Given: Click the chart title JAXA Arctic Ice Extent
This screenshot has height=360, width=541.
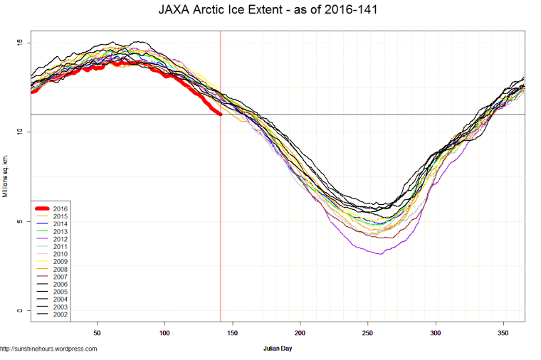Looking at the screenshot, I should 270,11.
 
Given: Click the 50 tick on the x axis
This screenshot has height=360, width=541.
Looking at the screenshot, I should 98,332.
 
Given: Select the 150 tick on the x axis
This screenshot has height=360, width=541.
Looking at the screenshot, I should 233,332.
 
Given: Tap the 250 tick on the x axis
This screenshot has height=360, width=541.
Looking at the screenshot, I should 368,332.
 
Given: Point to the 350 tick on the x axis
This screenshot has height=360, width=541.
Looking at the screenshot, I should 503,332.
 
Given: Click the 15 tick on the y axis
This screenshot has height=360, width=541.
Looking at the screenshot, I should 20,43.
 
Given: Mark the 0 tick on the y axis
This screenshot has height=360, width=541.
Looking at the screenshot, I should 20,311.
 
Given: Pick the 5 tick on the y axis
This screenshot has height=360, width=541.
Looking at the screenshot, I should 20,221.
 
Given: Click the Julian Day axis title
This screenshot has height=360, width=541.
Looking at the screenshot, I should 278,349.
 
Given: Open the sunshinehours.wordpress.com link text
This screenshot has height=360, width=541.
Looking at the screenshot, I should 48,349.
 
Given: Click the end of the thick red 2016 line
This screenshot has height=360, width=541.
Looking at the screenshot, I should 220,114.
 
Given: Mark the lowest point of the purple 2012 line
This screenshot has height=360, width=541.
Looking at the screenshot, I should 380,253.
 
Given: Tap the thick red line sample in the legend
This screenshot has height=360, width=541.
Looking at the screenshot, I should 44,208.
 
